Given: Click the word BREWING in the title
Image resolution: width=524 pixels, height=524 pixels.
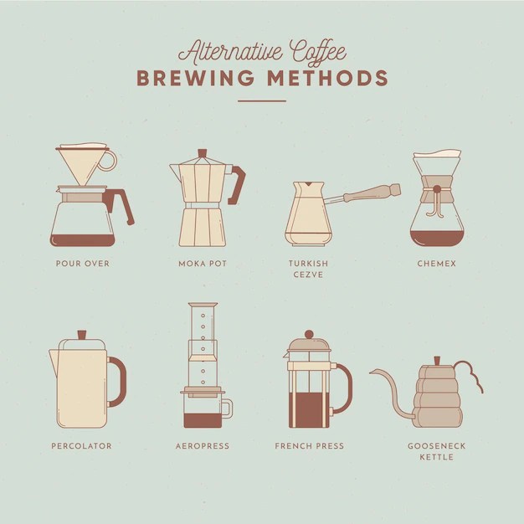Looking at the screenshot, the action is (196, 78).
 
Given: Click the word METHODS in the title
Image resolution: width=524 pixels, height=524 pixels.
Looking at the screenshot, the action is (328, 78).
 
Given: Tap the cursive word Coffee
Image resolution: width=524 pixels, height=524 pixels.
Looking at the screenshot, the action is (317, 53).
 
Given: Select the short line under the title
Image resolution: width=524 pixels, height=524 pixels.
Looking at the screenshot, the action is (262, 100).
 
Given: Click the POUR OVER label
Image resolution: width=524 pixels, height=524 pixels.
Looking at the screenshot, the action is (83, 264).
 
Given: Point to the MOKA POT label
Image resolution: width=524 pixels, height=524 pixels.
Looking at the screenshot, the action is (203, 264).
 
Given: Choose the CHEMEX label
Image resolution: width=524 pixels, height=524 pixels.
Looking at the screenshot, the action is (436, 264).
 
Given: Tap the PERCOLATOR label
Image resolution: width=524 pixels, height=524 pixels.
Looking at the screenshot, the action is (81, 446).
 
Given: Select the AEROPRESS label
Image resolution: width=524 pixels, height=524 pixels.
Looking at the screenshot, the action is (203, 446).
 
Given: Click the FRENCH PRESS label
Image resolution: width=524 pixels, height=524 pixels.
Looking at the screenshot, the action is (310, 446).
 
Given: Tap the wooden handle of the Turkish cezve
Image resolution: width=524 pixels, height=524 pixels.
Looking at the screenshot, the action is (371, 193).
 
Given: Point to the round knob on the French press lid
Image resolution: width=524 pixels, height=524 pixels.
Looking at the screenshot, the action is (309, 334).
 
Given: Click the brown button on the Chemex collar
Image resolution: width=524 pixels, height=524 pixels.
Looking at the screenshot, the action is (437, 189).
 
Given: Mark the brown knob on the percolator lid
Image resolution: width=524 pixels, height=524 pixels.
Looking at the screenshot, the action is (82, 335).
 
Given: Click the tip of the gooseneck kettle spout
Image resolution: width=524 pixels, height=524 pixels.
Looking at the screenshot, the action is (371, 372).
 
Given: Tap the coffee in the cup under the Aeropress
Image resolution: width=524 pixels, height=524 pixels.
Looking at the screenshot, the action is (203, 420).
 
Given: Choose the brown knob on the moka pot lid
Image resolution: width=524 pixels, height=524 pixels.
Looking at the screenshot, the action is (203, 153).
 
